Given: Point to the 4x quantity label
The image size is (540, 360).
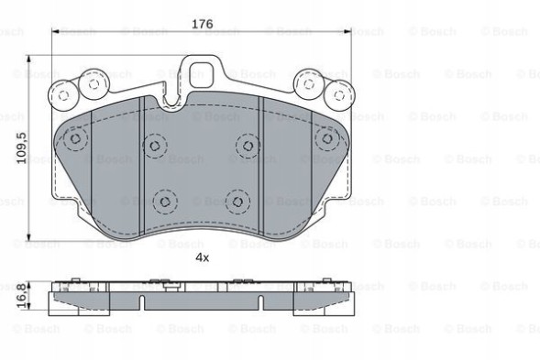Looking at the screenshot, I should click(202, 258).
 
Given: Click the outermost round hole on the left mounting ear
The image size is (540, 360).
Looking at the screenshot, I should click(61, 93).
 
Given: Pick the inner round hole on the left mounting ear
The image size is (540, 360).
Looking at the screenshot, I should click(92, 84).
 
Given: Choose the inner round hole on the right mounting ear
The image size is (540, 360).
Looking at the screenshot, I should click(309, 84).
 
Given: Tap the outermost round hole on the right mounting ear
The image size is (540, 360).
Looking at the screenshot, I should click(340, 93).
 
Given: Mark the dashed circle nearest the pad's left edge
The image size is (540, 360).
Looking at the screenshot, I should click(72, 139).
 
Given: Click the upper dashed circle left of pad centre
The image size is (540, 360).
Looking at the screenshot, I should click(153, 146).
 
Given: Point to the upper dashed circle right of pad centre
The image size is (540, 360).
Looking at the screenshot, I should click(247, 145).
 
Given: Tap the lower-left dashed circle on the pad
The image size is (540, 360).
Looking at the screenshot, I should click(164, 200).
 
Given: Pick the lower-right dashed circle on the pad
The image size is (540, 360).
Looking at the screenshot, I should click(237, 199).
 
